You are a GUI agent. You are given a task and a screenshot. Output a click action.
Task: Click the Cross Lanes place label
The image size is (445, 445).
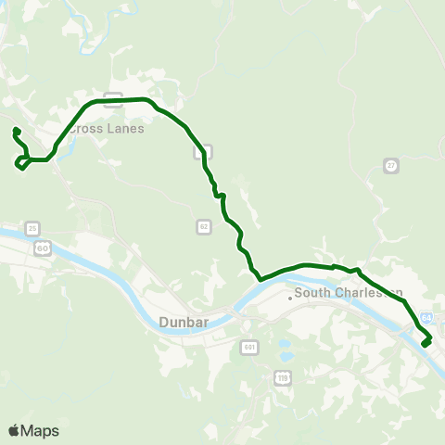click(107, 128)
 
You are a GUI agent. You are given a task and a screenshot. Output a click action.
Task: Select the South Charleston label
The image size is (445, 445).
click(348, 294)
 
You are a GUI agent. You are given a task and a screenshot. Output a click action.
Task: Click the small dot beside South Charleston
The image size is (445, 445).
click(289, 298)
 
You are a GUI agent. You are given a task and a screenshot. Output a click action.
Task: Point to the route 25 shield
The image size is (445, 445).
click(33, 228)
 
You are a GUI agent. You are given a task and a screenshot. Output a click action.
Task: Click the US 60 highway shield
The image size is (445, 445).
click(43, 248)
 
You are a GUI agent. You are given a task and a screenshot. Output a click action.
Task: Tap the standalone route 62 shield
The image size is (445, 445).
click(204, 226)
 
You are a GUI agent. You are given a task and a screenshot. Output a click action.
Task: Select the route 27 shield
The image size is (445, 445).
click(391, 165)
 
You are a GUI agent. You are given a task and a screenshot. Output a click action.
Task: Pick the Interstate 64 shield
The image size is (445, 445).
click(426, 318)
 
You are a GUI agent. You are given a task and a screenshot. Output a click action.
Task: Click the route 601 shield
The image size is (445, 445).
click(248, 347)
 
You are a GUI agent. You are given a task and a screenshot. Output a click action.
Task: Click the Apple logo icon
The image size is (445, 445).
click(14, 430)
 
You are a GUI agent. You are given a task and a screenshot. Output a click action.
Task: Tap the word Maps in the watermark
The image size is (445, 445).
click(40, 430)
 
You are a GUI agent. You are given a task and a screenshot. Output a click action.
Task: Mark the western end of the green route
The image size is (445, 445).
click(17, 130)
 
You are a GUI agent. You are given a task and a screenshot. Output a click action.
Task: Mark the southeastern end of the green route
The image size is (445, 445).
click(426, 344)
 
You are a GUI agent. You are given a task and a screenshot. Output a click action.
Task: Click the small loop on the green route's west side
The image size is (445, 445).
click(20, 164)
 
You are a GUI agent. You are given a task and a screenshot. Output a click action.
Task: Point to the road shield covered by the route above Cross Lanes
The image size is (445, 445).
click(112, 96)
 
